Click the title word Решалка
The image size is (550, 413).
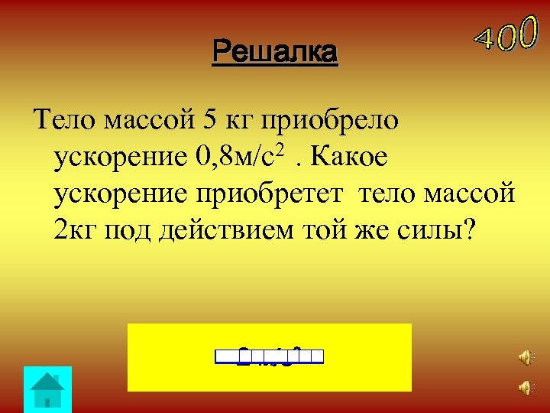(x=275, y=53)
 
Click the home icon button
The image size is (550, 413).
(x=47, y=389)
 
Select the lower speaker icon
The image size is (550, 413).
(x=525, y=389)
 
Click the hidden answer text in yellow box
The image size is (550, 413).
(x=270, y=356)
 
